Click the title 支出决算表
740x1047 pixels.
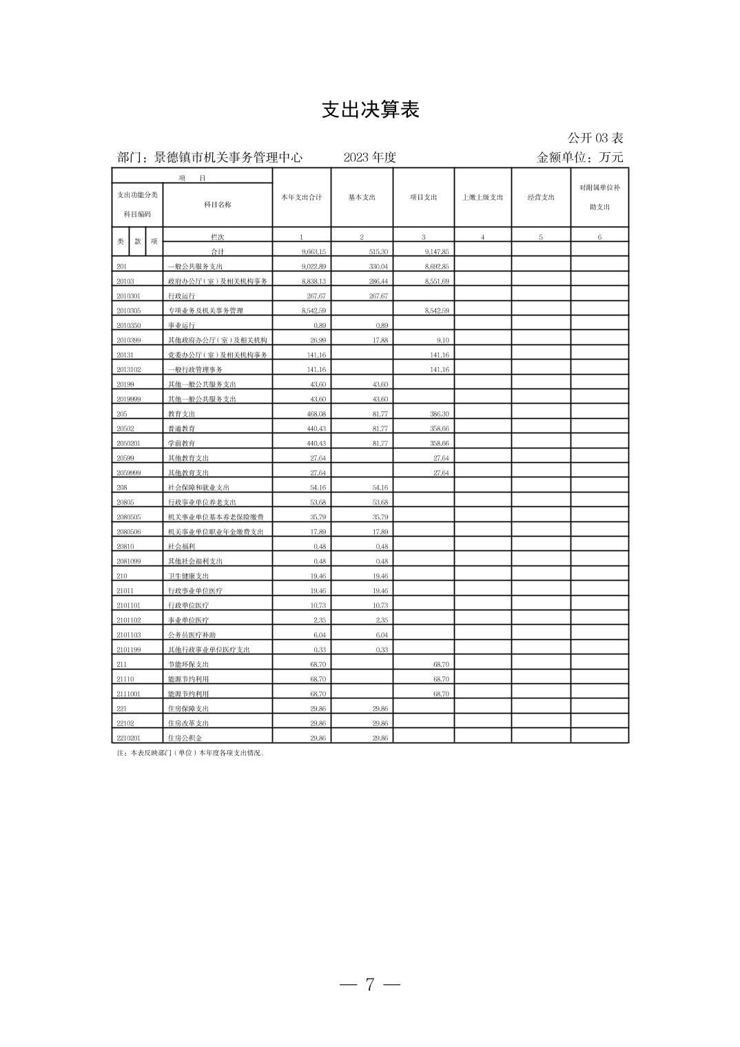coord(370,110)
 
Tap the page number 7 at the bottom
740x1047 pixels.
coord(370,984)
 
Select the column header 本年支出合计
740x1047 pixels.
coord(301,198)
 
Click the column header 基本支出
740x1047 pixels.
coord(362,198)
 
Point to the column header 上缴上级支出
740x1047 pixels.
coord(482,198)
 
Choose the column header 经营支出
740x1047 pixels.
coord(541,198)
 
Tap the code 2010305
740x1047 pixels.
coord(129,311)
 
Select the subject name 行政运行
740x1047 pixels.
coord(181,296)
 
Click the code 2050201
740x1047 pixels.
coord(129,444)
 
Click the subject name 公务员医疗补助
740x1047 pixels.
coord(192,635)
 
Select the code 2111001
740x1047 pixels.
coord(129,694)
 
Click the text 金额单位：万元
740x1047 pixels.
coord(579,158)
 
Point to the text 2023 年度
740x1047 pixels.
coord(370,158)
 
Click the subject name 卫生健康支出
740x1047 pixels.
coord(188,576)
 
